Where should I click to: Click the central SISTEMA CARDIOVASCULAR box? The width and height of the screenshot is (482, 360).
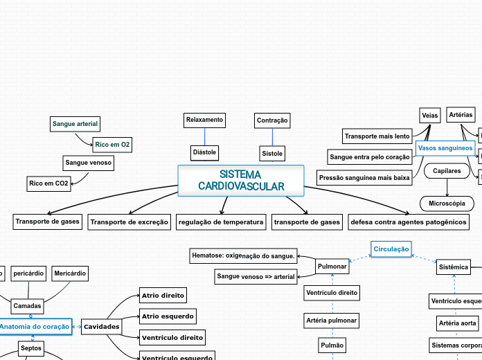click(241, 181)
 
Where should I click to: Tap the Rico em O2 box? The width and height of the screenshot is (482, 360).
click(112, 145)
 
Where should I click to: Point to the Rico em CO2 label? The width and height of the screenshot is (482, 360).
click(48, 183)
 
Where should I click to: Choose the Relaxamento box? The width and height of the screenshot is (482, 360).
click(204, 120)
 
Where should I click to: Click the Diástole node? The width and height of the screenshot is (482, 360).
click(204, 152)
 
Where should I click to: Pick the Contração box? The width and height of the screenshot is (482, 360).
click(272, 120)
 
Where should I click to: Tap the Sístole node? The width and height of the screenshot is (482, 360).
click(271, 152)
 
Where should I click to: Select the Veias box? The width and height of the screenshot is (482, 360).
click(430, 115)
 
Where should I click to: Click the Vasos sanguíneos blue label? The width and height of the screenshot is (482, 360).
click(445, 148)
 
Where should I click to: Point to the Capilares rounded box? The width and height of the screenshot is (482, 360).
click(447, 170)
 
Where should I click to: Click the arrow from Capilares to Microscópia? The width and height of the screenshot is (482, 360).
click(447, 188)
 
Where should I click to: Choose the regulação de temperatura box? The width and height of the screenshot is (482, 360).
click(221, 222)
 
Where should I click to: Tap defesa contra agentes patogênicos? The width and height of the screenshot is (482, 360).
click(409, 222)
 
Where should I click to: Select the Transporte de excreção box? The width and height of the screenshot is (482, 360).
click(130, 222)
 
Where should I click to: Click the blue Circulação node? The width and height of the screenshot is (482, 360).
click(391, 249)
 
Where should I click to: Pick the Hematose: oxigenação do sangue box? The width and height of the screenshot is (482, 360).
click(243, 256)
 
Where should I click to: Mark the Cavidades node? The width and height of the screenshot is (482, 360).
click(102, 326)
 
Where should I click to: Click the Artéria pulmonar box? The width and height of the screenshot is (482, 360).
click(332, 320)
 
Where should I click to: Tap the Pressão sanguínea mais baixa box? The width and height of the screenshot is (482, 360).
click(364, 178)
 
